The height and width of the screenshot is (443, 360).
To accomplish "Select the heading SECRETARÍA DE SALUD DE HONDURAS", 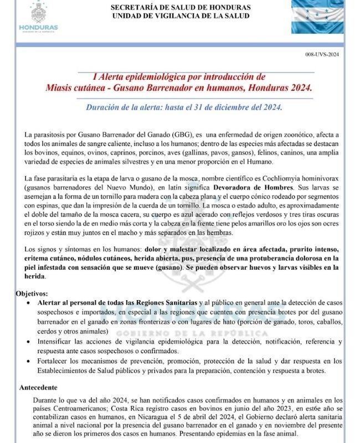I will (x=181, y=7).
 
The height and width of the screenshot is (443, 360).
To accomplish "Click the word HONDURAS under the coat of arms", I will (x=38, y=28).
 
